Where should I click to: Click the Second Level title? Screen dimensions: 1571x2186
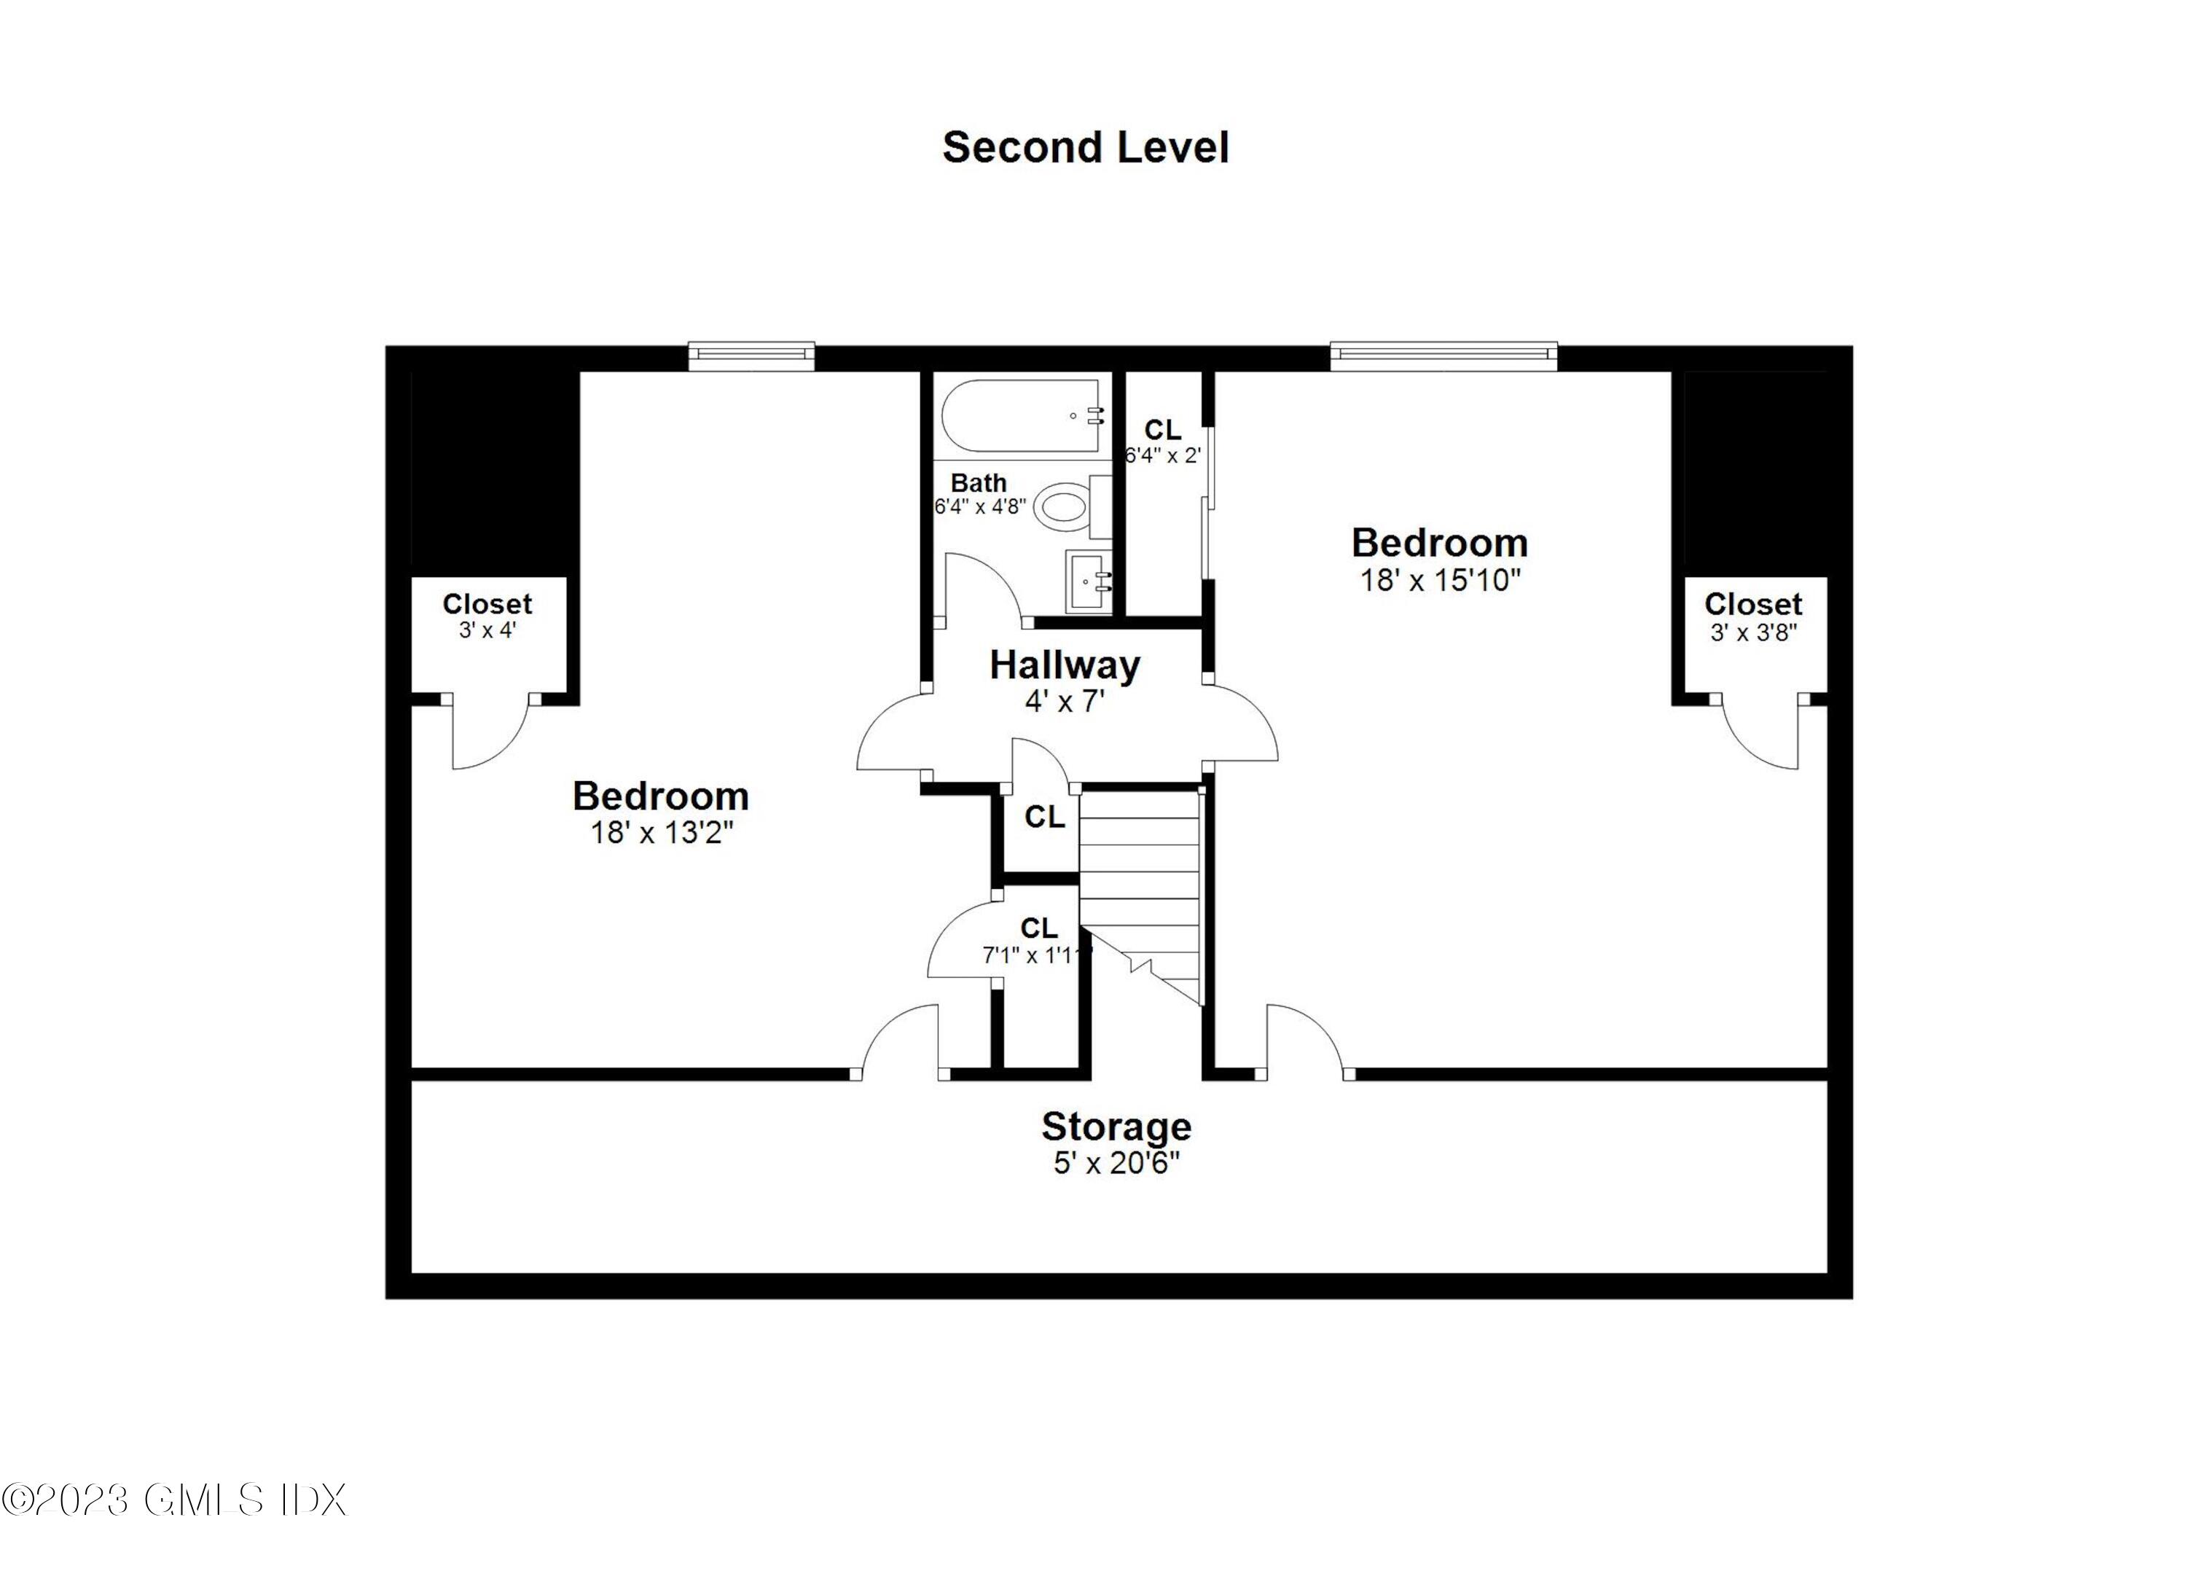point(1085,147)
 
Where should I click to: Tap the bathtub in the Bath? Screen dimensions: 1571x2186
point(1022,416)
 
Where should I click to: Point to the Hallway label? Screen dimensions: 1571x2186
point(1064,665)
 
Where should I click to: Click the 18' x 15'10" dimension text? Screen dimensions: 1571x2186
point(1439,580)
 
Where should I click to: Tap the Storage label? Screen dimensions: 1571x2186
point(1116,1126)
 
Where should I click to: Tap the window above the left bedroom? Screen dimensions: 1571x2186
point(752,356)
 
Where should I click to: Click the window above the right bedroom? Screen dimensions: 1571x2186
point(1443,356)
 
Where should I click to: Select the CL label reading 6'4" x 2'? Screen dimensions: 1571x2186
point(1162,442)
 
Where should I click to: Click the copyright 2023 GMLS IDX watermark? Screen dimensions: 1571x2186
point(173,1500)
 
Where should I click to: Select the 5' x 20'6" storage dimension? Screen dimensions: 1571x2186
point(1116,1163)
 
